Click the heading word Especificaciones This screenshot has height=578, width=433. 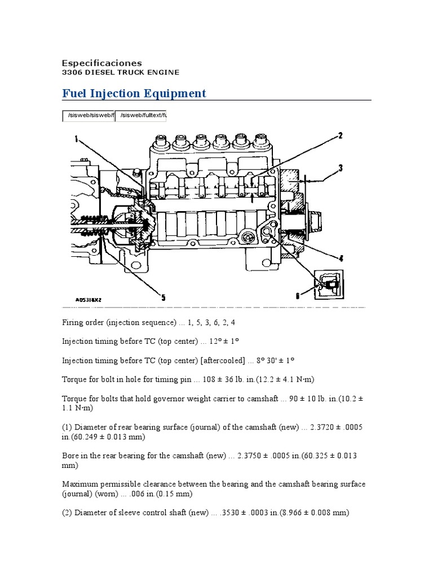coord(101,63)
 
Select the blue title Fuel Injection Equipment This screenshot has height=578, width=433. coord(134,93)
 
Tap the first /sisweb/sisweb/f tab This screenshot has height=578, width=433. coord(88,116)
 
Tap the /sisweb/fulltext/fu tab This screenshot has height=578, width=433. coord(140,116)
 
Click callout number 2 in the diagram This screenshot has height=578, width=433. coord(340,135)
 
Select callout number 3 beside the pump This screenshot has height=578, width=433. coord(340,168)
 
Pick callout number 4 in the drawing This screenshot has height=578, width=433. coord(340,259)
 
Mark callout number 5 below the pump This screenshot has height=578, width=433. coord(164,297)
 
